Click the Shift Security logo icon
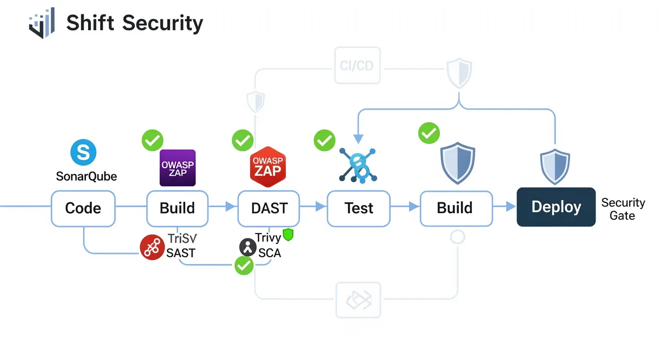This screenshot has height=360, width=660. point(43,23)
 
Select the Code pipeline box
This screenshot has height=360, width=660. point(83,208)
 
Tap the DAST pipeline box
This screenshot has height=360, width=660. point(268,208)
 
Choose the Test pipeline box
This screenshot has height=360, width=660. point(359,208)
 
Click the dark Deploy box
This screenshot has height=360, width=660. point(556,207)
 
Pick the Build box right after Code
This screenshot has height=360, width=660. point(177,208)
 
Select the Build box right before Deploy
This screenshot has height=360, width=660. point(454,208)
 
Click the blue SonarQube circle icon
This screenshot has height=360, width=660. point(84,152)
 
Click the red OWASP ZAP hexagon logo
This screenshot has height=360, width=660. point(267,167)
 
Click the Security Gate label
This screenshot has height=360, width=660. point(623,209)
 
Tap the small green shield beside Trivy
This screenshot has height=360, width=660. point(288,235)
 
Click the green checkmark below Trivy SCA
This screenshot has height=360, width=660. point(244,267)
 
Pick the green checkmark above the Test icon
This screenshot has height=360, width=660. point(324,140)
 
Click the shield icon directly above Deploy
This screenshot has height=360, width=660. point(554,167)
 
